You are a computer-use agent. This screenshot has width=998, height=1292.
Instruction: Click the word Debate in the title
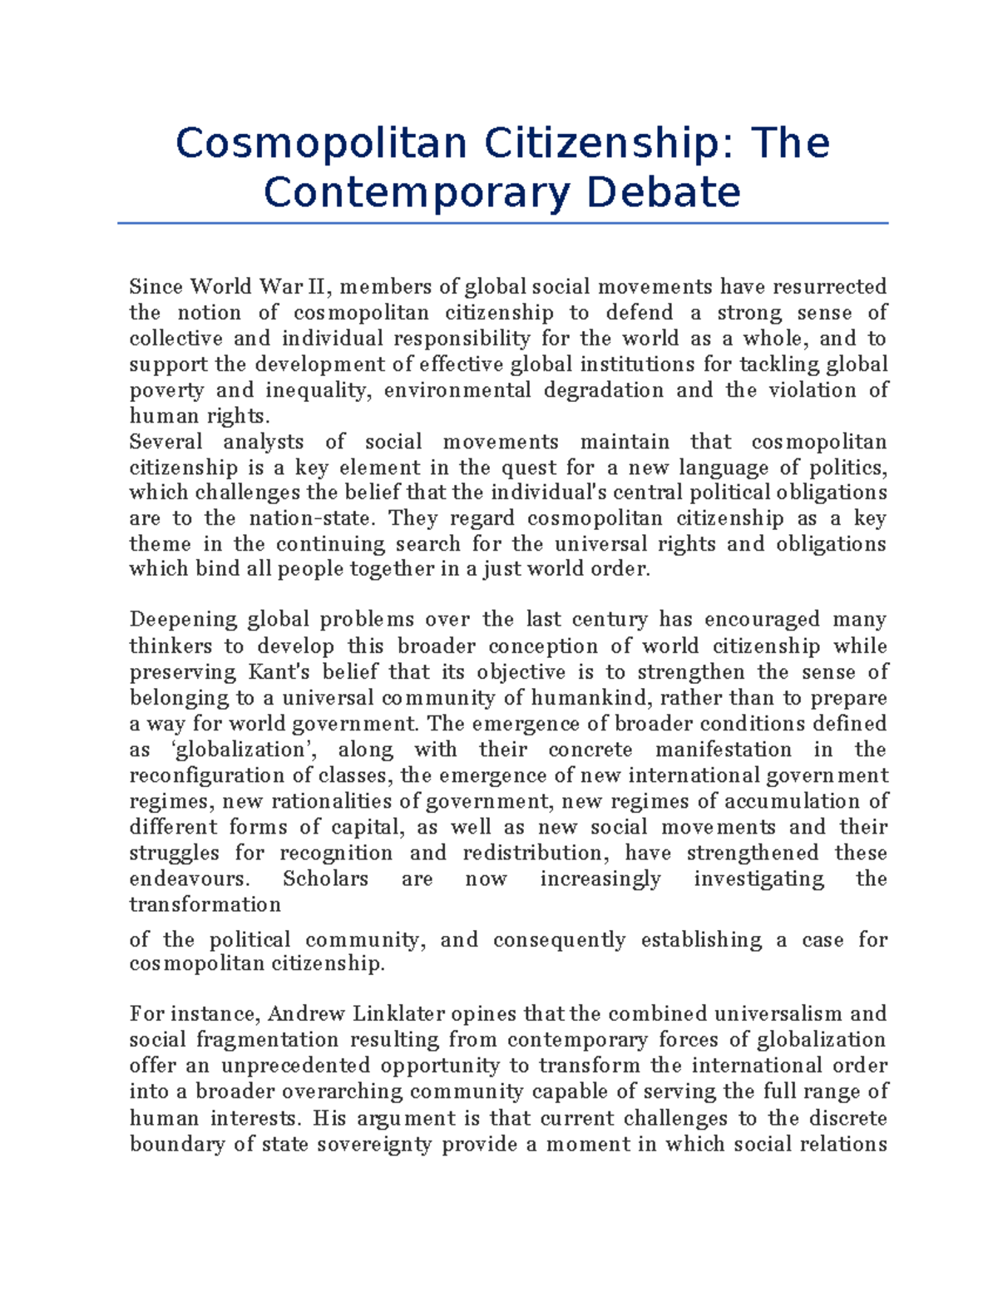pyautogui.click(x=663, y=193)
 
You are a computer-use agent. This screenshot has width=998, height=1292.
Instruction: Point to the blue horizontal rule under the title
pyautogui.click(x=502, y=223)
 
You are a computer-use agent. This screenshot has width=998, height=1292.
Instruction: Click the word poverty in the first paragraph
pyautogui.click(x=166, y=390)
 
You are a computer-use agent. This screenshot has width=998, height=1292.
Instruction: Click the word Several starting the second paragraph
pyautogui.click(x=166, y=442)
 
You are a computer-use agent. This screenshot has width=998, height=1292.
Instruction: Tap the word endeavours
pyautogui.click(x=189, y=879)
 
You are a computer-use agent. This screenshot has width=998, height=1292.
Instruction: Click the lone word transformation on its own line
pyautogui.click(x=205, y=904)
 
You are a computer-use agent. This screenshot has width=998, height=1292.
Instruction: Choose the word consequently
pyautogui.click(x=559, y=940)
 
